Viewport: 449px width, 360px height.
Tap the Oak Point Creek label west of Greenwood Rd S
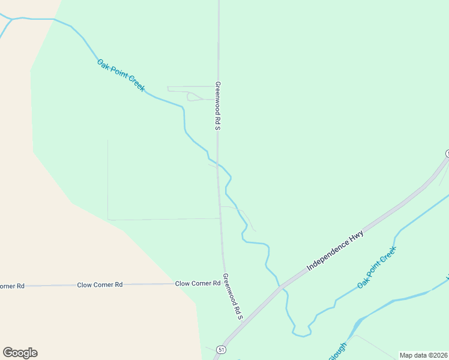coord(121,75)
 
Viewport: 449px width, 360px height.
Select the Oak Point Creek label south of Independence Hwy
coord(377,267)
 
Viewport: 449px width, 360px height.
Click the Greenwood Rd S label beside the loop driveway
coord(218,106)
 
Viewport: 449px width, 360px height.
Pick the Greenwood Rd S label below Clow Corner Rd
coord(232,296)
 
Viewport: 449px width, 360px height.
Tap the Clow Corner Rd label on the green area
coord(197,283)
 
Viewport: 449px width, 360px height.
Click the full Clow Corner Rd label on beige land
coord(100,284)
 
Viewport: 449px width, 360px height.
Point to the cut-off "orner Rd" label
coord(12,286)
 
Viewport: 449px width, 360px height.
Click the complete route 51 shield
coord(222,349)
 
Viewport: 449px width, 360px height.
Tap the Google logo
coord(20,353)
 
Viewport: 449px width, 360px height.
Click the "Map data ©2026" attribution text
coord(423,355)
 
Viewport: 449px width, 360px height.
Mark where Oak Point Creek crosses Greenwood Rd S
coord(218,163)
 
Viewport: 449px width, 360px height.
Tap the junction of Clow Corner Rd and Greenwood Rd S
coord(224,283)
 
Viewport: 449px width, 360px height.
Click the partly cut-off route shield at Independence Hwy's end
coord(447,154)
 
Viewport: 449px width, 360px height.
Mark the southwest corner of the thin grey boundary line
coord(108,220)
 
